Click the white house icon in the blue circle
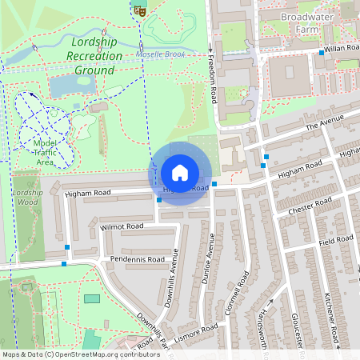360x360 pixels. click(180, 173)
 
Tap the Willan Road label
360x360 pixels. click(344, 48)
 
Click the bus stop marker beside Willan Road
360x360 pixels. click(322, 53)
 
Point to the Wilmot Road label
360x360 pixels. click(122, 227)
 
